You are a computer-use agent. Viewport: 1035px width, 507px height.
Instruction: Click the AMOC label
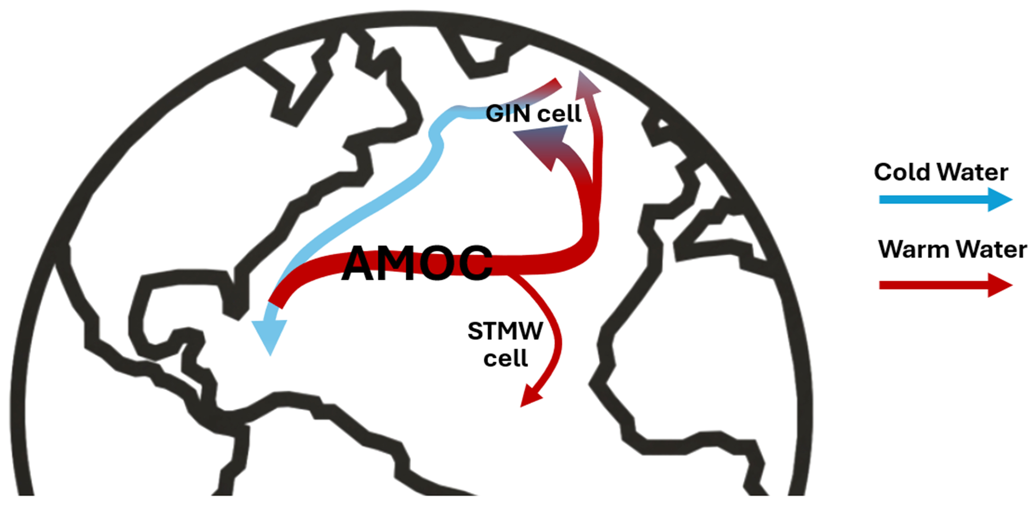tap(417, 263)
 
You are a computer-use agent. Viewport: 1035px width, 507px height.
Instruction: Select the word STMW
tap(505, 331)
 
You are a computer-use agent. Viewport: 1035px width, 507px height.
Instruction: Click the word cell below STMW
tap(505, 358)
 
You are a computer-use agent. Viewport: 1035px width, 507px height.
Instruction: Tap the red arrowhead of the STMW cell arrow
tap(530, 398)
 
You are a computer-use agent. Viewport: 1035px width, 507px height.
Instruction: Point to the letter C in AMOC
tap(475, 263)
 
